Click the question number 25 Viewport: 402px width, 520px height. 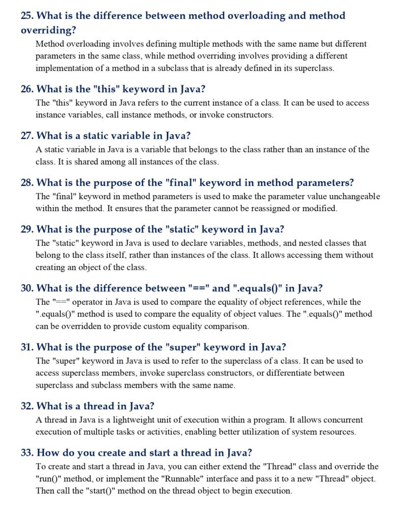click(x=27, y=16)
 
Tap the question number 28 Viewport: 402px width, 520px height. click(x=27, y=183)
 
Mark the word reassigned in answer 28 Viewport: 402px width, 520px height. click(x=267, y=208)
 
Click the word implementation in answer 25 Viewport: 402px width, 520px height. click(x=63, y=68)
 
